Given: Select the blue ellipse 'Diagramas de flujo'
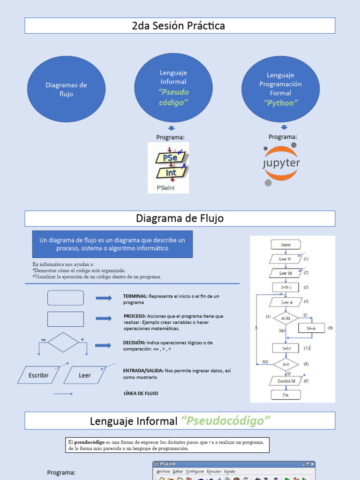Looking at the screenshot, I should point(66,89).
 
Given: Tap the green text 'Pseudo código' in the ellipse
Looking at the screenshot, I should point(173,97).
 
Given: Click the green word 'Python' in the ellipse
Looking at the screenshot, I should point(281,103).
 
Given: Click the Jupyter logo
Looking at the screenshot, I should point(281,164).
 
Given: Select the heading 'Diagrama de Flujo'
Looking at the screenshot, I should point(180,218).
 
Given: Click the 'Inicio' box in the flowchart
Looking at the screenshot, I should point(285,245).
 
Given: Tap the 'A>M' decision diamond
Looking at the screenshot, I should point(285,319).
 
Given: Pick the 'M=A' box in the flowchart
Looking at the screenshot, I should point(311,328).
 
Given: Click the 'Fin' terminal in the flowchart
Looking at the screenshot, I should point(285,395).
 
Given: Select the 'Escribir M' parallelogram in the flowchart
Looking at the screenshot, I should point(286,381).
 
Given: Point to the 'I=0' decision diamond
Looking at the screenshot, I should point(285,364).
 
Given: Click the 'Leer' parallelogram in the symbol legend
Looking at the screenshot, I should point(85,375).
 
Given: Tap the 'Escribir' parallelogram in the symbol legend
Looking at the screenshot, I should point(38,375).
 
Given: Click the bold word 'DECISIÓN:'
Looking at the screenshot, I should point(135,343).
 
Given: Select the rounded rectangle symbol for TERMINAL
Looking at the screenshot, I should point(66,298).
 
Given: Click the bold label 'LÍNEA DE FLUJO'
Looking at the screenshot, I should point(141,393).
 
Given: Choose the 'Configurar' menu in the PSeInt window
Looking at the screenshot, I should point(195,472).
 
